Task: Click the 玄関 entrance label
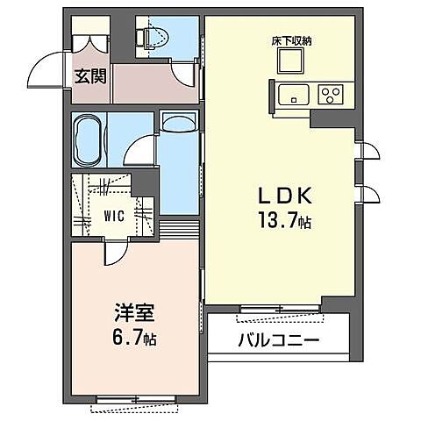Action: [90, 77]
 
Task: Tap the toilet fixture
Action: [155, 38]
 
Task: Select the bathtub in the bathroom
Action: [89, 139]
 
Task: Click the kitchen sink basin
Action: [293, 95]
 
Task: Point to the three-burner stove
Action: [332, 95]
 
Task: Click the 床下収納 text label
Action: [291, 41]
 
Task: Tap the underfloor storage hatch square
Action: [290, 61]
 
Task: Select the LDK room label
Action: [284, 196]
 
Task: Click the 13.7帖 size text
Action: [284, 221]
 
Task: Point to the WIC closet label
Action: [114, 216]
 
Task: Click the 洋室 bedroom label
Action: [134, 313]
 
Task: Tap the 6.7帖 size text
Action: [134, 339]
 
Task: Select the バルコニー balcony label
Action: [278, 340]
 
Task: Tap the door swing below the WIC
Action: [116, 252]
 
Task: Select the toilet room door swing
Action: [183, 73]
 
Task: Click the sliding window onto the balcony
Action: [280, 308]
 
